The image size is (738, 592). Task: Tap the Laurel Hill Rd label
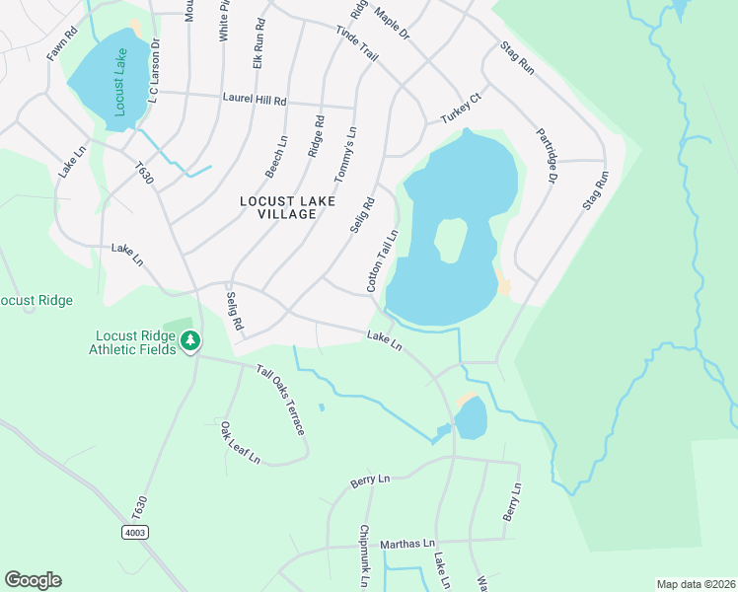tap(254, 101)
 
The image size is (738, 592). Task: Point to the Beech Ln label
tap(276, 157)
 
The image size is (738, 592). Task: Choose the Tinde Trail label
tap(357, 45)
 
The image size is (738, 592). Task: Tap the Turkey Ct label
tap(460, 110)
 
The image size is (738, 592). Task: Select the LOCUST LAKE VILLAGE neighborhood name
tap(287, 208)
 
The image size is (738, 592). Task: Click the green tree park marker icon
tap(190, 341)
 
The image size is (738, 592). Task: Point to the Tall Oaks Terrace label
tap(280, 401)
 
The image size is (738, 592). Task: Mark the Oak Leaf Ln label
tap(240, 443)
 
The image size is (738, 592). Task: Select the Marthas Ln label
tap(408, 544)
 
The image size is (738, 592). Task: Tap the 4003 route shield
tap(135, 533)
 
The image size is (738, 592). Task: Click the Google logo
tap(33, 580)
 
